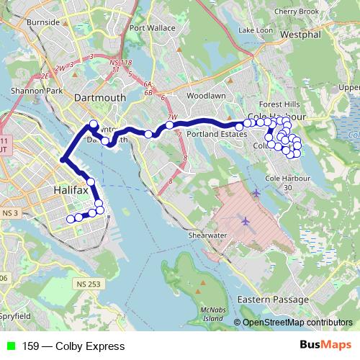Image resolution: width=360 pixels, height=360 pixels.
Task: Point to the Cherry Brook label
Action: click(297, 12)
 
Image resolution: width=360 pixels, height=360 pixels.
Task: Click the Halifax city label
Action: click(71, 190)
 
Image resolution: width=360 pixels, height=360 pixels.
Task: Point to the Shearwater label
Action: click(207, 235)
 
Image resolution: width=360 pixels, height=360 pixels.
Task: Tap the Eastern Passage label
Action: click(269, 298)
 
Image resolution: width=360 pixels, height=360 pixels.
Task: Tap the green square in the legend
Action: click(9, 346)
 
